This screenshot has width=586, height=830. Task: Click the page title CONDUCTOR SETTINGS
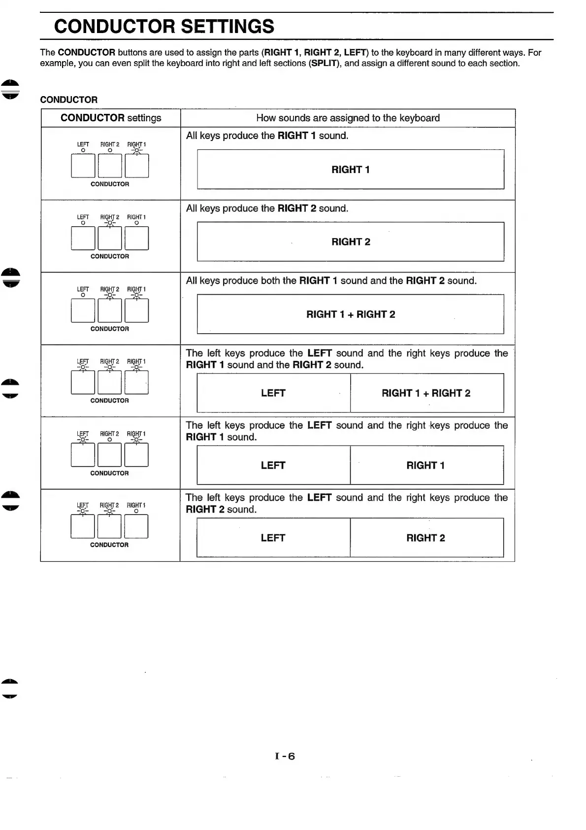pyautogui.click(x=164, y=26)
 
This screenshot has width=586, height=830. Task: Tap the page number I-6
pyautogui.click(x=285, y=756)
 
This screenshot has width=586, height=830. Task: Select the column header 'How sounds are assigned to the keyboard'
pyautogui.click(x=348, y=118)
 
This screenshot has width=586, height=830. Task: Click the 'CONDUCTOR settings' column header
pyautogui.click(x=111, y=118)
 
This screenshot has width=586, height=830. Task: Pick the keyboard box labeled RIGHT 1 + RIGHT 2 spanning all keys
pyautogui.click(x=350, y=314)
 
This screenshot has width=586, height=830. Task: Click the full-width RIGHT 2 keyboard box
pyautogui.click(x=350, y=242)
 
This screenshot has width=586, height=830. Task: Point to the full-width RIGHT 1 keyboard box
pyautogui.click(x=350, y=170)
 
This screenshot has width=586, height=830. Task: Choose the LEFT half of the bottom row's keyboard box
pyautogui.click(x=273, y=538)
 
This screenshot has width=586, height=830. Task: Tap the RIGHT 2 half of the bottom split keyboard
pyautogui.click(x=426, y=538)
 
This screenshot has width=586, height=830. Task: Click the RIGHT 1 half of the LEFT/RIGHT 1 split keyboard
pyautogui.click(x=426, y=465)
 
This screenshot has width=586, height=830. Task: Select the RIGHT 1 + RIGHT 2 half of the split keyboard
pyautogui.click(x=426, y=393)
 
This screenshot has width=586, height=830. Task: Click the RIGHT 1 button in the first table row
pyautogui.click(x=136, y=166)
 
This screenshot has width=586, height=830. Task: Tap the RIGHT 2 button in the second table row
pyautogui.click(x=110, y=238)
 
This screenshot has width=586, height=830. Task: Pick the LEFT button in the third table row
pyautogui.click(x=83, y=311)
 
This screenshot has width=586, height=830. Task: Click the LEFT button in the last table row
pyautogui.click(x=83, y=526)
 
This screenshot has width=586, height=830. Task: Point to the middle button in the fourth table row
pyautogui.click(x=110, y=382)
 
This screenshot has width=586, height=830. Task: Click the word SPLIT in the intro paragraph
pyautogui.click(x=325, y=64)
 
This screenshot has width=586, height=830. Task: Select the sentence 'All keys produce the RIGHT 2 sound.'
pyautogui.click(x=267, y=208)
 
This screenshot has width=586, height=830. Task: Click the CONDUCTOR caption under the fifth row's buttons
pyautogui.click(x=109, y=473)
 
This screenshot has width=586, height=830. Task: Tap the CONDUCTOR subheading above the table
pyautogui.click(x=69, y=100)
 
